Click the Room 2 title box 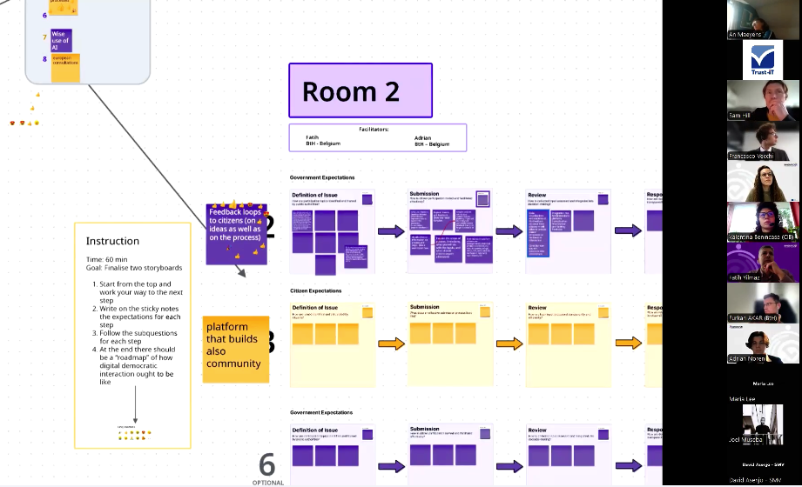click(x=360, y=90)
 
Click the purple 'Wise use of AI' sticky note click(x=61, y=39)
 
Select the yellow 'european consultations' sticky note click(x=65, y=67)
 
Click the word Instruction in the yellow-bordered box click(x=112, y=241)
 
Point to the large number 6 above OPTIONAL click(x=266, y=464)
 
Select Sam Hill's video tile click(x=763, y=100)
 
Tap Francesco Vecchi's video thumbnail click(x=763, y=141)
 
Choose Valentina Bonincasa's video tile click(x=763, y=222)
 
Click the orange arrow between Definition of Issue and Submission click(x=392, y=344)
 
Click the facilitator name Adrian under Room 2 click(x=423, y=137)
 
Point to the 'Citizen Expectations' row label click(x=316, y=290)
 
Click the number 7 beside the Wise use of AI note click(x=44, y=37)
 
